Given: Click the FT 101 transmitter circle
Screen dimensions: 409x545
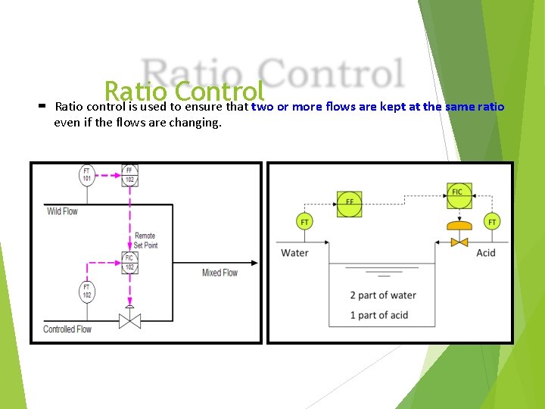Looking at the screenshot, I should [x=87, y=176].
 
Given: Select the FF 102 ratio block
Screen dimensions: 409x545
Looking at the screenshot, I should [x=129, y=176].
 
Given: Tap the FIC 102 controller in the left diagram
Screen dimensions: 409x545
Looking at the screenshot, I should [x=129, y=262].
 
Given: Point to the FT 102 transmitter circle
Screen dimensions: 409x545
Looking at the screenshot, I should [x=87, y=291].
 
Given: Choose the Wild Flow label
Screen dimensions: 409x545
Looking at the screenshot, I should [x=62, y=211].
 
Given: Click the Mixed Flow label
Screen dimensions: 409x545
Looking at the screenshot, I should [x=220, y=273].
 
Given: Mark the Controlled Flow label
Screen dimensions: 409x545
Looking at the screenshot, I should [x=67, y=329].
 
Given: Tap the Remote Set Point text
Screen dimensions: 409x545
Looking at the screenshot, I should [x=145, y=241].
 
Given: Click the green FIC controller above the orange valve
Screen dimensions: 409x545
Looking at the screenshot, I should [x=456, y=195].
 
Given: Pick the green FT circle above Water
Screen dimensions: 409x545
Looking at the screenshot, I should [x=304, y=222].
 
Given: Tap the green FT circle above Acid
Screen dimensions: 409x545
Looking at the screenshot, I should [x=492, y=222].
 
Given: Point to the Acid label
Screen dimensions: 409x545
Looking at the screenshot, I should [x=485, y=252].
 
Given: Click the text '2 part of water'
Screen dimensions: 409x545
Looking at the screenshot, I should [x=383, y=295].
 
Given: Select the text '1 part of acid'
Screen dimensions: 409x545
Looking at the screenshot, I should [x=378, y=315].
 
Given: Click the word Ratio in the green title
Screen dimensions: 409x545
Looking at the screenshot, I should [x=131, y=91].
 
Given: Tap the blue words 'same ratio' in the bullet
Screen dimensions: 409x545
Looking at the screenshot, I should [x=475, y=107].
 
